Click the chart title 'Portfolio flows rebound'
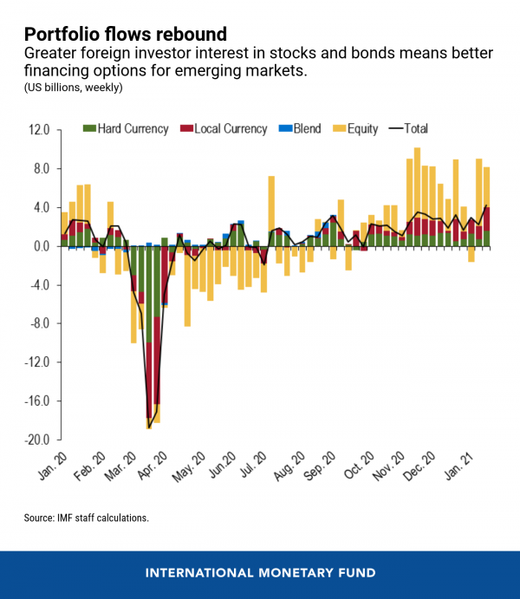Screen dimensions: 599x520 (x=126, y=34)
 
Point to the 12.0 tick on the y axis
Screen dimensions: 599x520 (x=40, y=130)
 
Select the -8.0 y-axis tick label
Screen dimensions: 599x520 (x=40, y=323)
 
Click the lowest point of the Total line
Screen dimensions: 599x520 (x=149, y=426)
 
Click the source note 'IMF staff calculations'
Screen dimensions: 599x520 (x=87, y=518)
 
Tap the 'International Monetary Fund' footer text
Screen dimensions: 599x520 (x=260, y=573)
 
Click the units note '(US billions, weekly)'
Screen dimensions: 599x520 (x=74, y=87)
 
